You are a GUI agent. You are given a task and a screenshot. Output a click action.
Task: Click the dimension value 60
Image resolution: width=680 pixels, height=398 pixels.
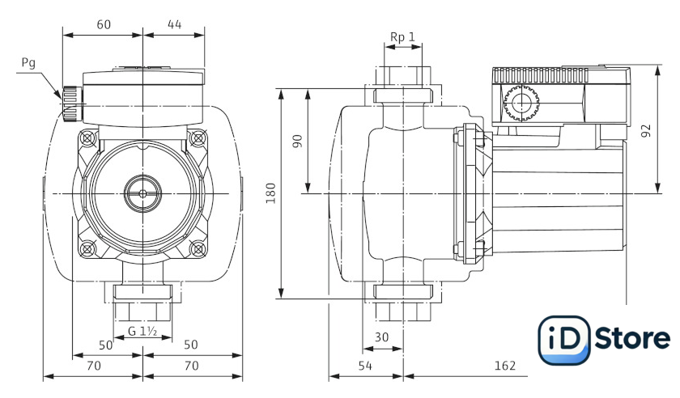coord(104,24)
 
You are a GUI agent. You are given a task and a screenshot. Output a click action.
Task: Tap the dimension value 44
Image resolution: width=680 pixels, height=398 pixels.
coord(174,24)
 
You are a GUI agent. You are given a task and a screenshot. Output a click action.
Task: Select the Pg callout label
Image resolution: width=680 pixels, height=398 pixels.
coord(28,63)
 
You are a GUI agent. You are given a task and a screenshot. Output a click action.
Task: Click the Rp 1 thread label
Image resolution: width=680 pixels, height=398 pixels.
coord(402,37)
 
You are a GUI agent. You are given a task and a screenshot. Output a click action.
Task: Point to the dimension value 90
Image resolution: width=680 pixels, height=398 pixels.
coord(297,140)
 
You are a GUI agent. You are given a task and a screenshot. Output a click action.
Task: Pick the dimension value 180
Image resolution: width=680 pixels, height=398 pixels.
coord(271,192)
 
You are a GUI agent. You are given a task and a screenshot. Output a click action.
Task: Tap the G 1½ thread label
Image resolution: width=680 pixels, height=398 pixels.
coord(142,331)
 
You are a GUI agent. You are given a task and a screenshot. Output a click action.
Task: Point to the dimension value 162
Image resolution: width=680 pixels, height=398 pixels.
coord(504,366)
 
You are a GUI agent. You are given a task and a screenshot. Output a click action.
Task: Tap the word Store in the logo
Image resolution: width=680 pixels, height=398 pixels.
coord(632,339)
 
